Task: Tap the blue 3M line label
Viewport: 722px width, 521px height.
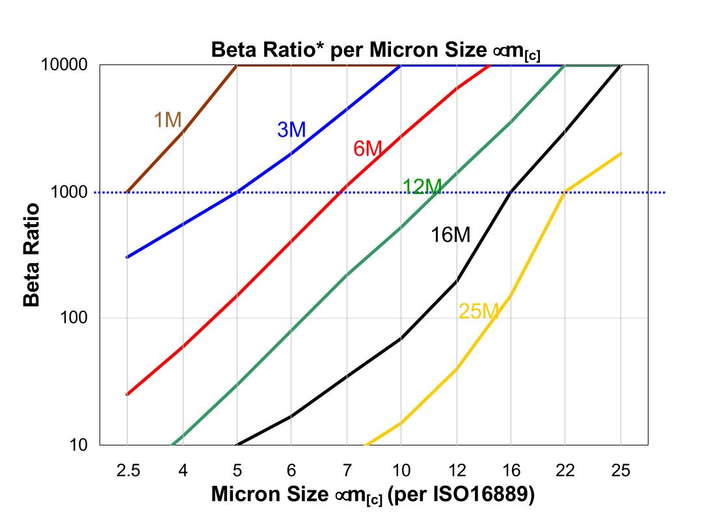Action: pyautogui.click(x=291, y=130)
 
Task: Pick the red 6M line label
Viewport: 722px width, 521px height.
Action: pyautogui.click(x=367, y=148)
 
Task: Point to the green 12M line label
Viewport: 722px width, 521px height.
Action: pyautogui.click(x=422, y=186)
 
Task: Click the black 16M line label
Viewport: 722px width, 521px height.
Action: pyautogui.click(x=450, y=235)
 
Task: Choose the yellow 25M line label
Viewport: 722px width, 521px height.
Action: pyautogui.click(x=478, y=311)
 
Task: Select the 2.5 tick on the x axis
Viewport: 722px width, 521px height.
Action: pyautogui.click(x=127, y=470)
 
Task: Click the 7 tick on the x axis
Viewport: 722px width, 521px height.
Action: pyautogui.click(x=347, y=470)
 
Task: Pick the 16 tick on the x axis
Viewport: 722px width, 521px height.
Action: pyautogui.click(x=511, y=470)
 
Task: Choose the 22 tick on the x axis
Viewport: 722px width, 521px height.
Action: pyautogui.click(x=566, y=470)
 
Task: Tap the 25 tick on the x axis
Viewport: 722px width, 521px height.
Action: pyautogui.click(x=621, y=470)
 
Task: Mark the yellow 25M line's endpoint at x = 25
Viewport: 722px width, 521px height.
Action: pyautogui.click(x=621, y=154)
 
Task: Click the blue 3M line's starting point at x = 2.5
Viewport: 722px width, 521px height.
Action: pyautogui.click(x=127, y=257)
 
